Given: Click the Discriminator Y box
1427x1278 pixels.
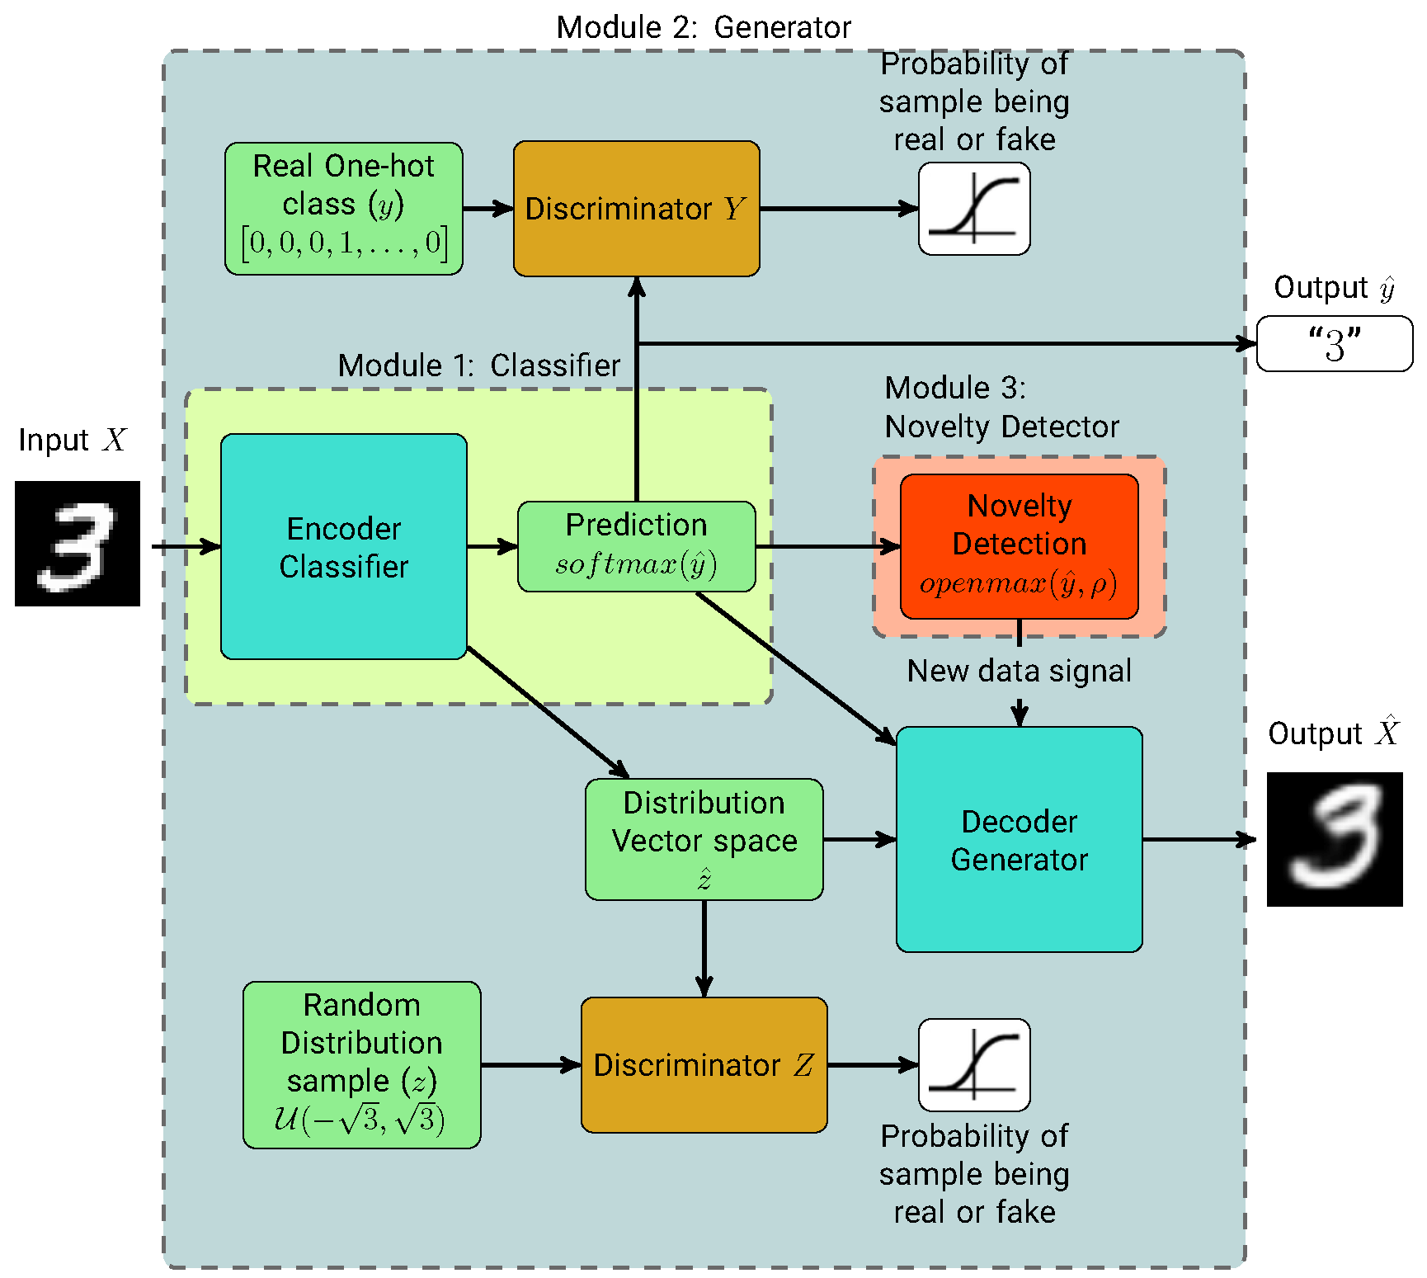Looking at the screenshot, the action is click(636, 209).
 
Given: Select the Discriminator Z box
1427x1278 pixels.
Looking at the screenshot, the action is click(704, 1064).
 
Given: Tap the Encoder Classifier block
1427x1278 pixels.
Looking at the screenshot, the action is click(344, 546).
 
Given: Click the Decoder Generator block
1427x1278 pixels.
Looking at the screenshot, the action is click(1019, 839).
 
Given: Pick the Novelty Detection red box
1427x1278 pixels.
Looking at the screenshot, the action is click(1019, 546).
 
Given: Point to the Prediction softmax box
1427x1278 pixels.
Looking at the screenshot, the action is click(636, 546).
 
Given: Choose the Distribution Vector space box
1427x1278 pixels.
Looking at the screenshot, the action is click(704, 839).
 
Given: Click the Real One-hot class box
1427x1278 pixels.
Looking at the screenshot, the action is click(344, 209).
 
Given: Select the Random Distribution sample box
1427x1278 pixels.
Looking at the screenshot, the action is click(361, 1064).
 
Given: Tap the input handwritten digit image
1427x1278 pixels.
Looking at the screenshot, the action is click(78, 544).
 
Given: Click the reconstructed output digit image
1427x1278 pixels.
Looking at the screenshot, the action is click(1335, 839).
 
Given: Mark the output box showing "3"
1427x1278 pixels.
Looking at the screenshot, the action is click(1335, 344).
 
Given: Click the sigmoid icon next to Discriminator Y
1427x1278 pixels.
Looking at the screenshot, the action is click(974, 209).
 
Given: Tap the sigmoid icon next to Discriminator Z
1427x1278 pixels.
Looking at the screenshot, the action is click(974, 1064).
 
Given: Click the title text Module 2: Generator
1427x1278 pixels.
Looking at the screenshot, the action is click(704, 27).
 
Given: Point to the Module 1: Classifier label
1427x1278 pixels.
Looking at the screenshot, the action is click(478, 365).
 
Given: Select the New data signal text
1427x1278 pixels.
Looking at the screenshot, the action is click(1019, 671).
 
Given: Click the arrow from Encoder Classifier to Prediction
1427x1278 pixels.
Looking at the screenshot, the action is click(492, 546).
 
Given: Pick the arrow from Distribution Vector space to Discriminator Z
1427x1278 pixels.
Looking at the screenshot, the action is click(704, 949).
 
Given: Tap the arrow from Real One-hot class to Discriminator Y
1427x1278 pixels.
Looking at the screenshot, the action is click(488, 209).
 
